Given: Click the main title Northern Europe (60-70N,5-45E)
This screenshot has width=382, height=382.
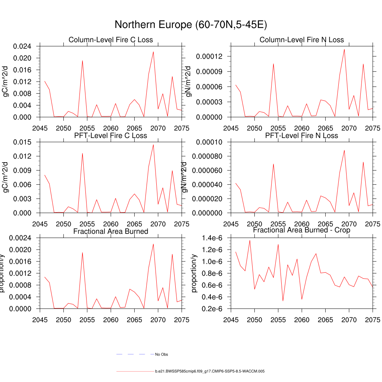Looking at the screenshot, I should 191,25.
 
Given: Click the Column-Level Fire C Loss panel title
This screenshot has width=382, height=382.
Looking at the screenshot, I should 110,40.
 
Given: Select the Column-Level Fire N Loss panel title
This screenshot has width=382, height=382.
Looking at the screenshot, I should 301,40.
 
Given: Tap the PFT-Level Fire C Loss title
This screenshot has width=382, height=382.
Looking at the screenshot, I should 110,135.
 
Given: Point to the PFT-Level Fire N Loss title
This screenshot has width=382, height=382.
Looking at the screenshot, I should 301,135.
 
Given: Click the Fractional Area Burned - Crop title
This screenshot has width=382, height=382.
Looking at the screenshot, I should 301,230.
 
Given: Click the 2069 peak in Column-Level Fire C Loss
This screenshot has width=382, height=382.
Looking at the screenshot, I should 153,51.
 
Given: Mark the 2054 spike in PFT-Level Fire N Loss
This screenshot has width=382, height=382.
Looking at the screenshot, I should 273,164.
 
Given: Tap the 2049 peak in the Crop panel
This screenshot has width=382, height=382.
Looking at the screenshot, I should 250,240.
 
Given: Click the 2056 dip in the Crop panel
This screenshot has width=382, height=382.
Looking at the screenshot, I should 283,301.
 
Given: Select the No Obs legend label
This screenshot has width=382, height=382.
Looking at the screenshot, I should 162,354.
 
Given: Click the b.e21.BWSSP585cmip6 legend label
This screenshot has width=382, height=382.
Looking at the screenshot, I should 210,372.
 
